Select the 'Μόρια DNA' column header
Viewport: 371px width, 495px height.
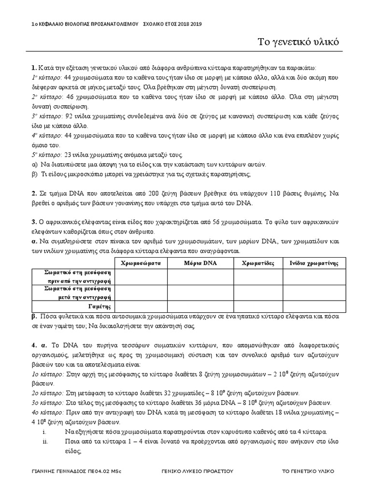(200, 263)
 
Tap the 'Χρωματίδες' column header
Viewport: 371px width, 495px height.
(258, 263)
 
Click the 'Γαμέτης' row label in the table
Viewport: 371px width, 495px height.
(100, 306)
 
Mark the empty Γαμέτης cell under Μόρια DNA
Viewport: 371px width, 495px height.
(200, 306)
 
